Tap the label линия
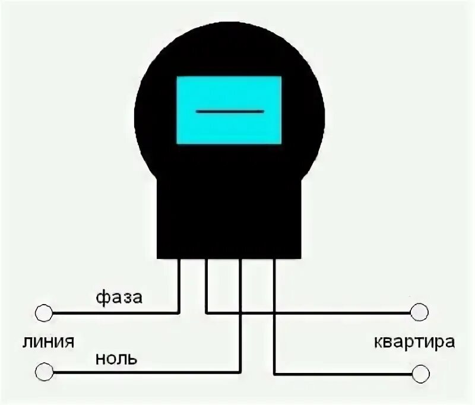point(49,343)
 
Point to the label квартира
point(415,342)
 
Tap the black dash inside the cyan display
point(229,111)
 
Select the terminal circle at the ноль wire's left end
point(43,372)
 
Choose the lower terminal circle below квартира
point(420,373)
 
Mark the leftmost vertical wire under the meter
point(179,285)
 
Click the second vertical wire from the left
point(205,285)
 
